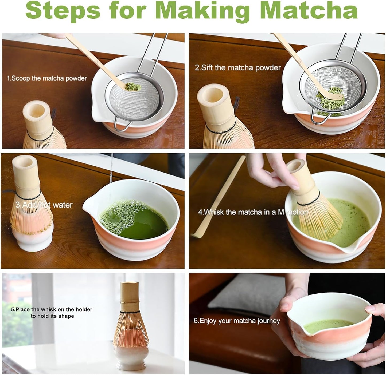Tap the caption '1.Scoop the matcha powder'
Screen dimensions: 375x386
click(x=47, y=78)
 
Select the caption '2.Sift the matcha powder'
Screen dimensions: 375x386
click(x=238, y=68)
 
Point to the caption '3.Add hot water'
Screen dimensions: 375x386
click(x=44, y=205)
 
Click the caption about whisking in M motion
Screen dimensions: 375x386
click(x=253, y=212)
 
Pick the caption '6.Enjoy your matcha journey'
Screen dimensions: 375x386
click(x=237, y=321)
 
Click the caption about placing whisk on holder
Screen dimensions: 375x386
click(x=52, y=313)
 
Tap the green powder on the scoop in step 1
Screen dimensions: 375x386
click(x=130, y=86)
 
